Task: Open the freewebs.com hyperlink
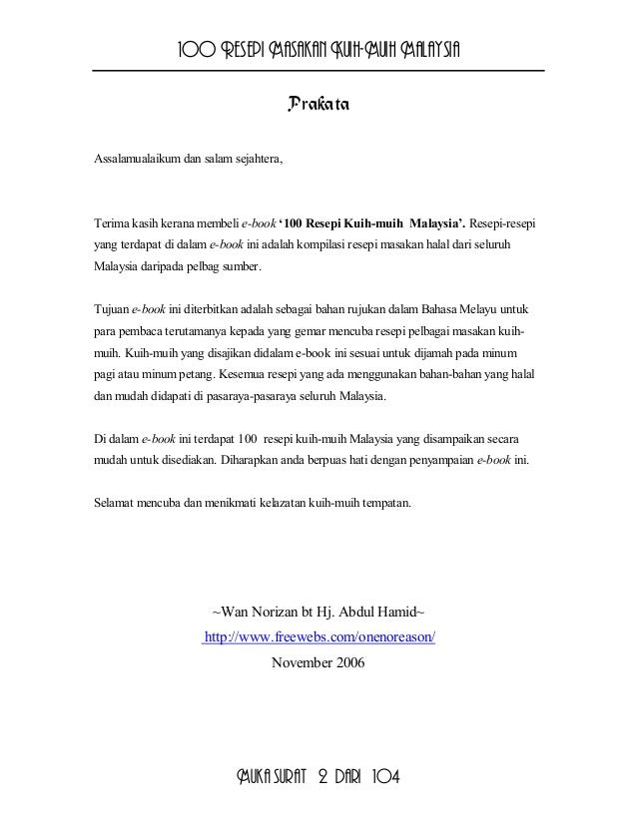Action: coord(319,636)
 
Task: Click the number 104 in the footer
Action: coord(383,778)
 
